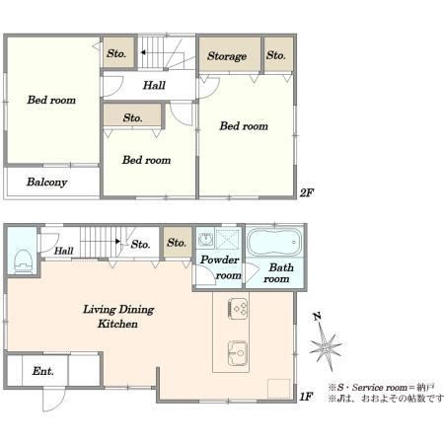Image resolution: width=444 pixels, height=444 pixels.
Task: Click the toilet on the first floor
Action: tap(24, 261)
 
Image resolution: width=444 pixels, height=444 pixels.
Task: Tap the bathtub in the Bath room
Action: tap(274, 242)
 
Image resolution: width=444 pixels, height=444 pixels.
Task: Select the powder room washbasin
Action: tap(205, 239)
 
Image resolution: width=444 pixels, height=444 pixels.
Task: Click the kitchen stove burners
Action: tap(238, 308)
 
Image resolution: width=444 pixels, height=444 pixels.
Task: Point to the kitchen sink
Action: tap(238, 353)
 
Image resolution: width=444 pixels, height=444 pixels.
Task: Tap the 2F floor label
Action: tap(306, 192)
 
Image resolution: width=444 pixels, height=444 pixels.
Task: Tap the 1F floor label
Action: tap(306, 397)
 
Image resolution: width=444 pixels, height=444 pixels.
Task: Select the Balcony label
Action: tap(47, 183)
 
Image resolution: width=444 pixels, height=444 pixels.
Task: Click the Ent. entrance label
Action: tap(42, 371)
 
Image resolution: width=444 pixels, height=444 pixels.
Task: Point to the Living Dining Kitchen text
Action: tap(118, 317)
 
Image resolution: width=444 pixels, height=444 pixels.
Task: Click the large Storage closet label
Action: tap(227, 56)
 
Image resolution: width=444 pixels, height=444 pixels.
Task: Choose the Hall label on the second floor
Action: tap(154, 86)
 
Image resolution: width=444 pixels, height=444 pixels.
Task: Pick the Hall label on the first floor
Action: tap(63, 251)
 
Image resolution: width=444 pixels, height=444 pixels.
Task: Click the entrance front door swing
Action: tap(53, 400)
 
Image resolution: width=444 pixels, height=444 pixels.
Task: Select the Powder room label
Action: tap(220, 267)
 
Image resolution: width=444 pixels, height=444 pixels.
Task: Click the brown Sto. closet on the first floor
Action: tap(178, 243)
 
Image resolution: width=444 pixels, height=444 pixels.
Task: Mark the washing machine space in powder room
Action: tap(227, 239)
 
